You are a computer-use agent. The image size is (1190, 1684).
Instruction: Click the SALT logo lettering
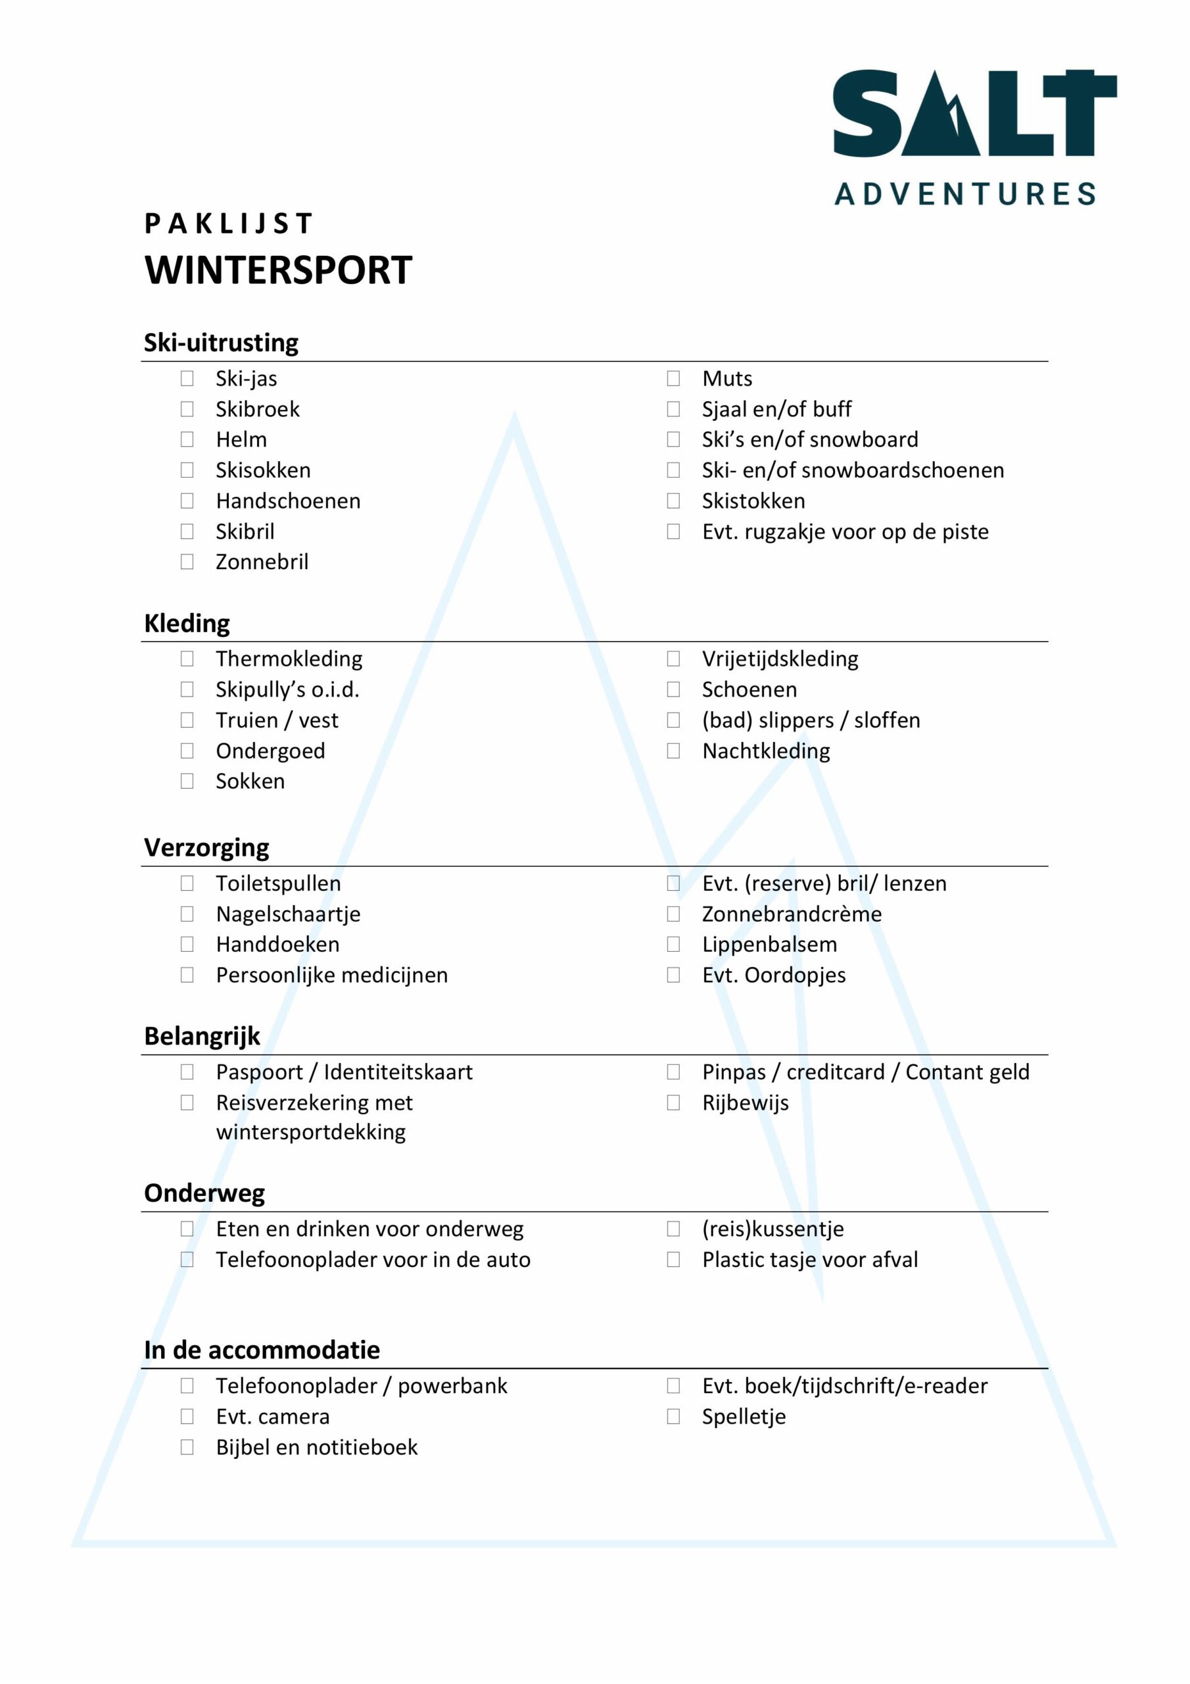[974, 113]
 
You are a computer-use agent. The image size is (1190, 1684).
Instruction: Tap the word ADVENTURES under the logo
[965, 194]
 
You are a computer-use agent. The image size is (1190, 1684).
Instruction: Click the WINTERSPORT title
[279, 270]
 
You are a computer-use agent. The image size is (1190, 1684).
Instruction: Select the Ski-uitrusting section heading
[222, 343]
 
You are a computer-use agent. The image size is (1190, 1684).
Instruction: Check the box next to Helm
[187, 439]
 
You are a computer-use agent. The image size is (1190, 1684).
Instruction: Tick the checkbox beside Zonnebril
[187, 562]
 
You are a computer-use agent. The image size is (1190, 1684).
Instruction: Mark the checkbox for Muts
[673, 378]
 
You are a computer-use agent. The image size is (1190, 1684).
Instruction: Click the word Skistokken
[753, 501]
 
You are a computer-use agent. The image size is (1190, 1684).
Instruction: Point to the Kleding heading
[187, 624]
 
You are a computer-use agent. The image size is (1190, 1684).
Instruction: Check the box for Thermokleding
[187, 658]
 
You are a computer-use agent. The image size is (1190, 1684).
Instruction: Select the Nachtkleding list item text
[766, 751]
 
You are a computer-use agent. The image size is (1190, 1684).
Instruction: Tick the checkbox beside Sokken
[187, 781]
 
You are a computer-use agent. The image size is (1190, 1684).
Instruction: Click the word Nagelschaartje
[288, 914]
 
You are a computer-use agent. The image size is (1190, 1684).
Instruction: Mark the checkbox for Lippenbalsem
[673, 945]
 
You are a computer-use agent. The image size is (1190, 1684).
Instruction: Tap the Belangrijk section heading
[202, 1036]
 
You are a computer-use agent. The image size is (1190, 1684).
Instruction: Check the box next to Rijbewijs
[673, 1103]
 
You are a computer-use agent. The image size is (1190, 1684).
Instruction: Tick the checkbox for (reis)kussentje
[673, 1229]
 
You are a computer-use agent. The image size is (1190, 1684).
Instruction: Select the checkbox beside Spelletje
[673, 1417]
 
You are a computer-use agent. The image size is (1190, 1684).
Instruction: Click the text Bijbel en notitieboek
[317, 1447]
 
